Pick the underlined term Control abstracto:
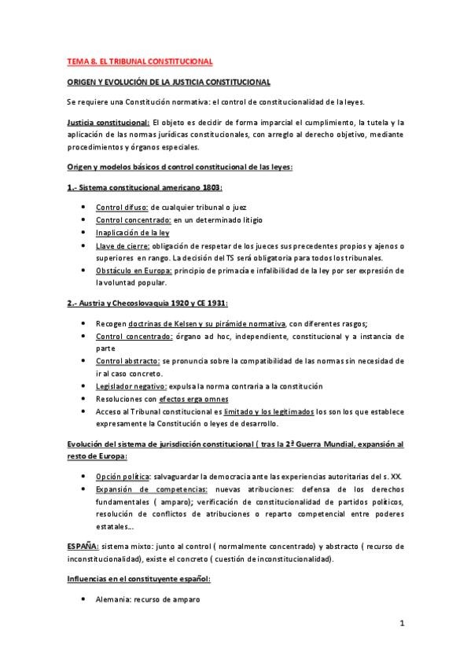click(127, 361)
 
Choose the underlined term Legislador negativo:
click(131, 386)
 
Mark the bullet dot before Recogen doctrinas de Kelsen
click(84, 324)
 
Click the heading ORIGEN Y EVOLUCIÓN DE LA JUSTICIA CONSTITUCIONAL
click(168, 83)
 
